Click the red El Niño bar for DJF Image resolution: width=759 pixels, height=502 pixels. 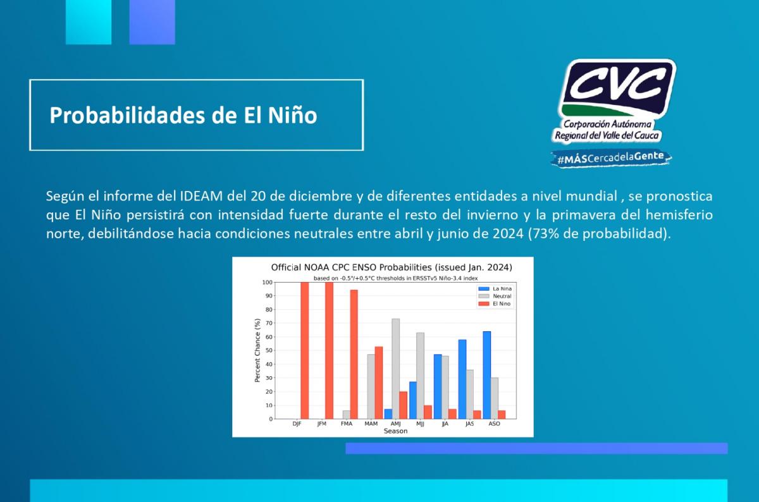click(305, 351)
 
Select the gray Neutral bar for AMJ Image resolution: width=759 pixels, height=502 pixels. click(395, 369)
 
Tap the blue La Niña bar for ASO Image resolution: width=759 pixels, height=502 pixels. click(486, 376)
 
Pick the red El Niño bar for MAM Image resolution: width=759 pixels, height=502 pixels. click(378, 383)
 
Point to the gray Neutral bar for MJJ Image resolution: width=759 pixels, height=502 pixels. click(420, 376)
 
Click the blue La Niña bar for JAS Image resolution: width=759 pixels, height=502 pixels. click(462, 379)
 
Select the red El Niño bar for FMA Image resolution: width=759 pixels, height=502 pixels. click(354, 354)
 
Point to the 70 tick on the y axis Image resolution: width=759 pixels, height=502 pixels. click(269, 323)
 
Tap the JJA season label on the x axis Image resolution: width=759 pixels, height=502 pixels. click(445, 424)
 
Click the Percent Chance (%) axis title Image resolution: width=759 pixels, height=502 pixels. click(257, 350)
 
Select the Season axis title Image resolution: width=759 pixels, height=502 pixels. click(395, 431)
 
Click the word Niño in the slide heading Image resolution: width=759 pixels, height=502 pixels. click(293, 115)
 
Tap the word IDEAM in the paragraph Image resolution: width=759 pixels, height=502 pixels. click(201, 196)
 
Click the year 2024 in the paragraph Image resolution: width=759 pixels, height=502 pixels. click(508, 233)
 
